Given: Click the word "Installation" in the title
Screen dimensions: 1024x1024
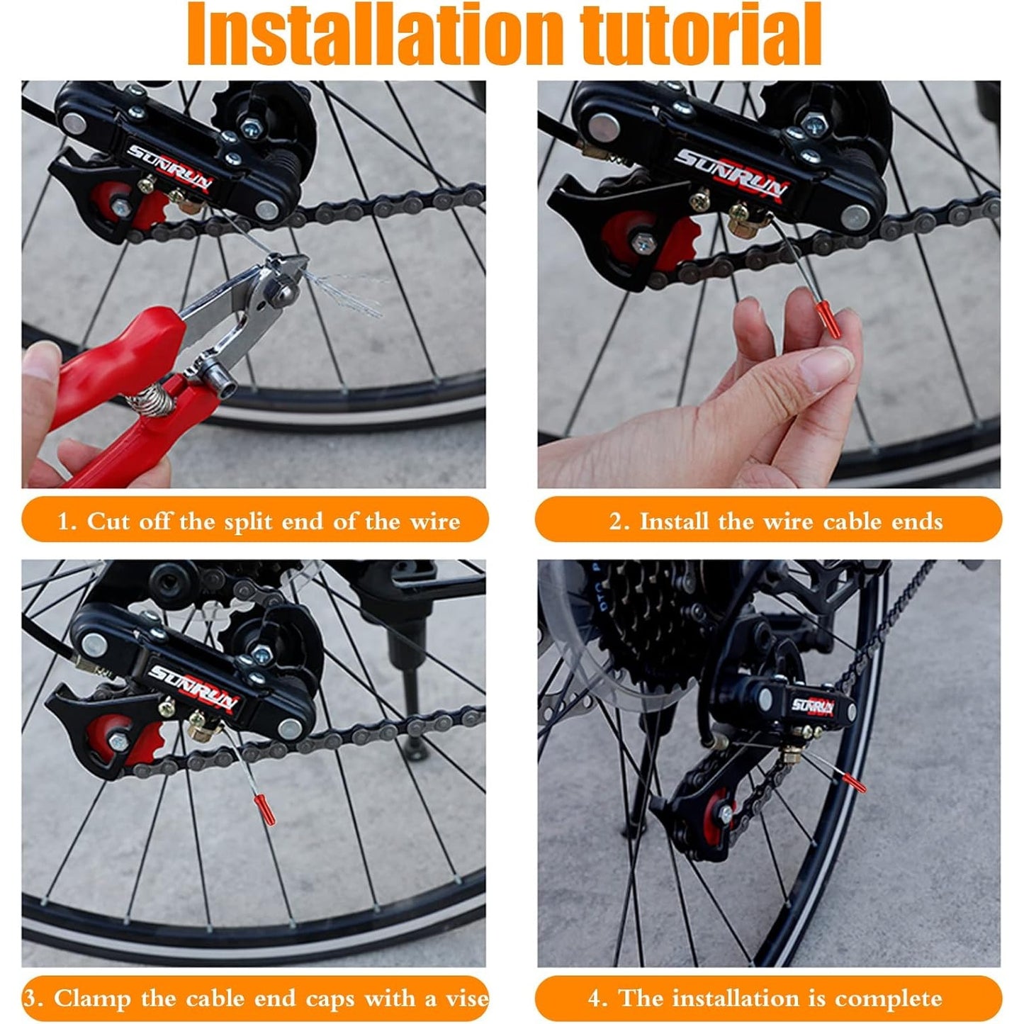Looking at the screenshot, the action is [x=377, y=33].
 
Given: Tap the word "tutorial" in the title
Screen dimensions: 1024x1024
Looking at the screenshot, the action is [x=702, y=33].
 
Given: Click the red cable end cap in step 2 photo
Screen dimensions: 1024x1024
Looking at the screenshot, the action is [x=827, y=319].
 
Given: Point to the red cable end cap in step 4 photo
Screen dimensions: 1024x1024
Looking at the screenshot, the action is [x=853, y=783].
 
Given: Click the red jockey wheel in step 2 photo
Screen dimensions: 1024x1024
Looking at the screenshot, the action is [x=646, y=241].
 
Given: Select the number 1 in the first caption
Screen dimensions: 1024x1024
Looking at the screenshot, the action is [x=62, y=522].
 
